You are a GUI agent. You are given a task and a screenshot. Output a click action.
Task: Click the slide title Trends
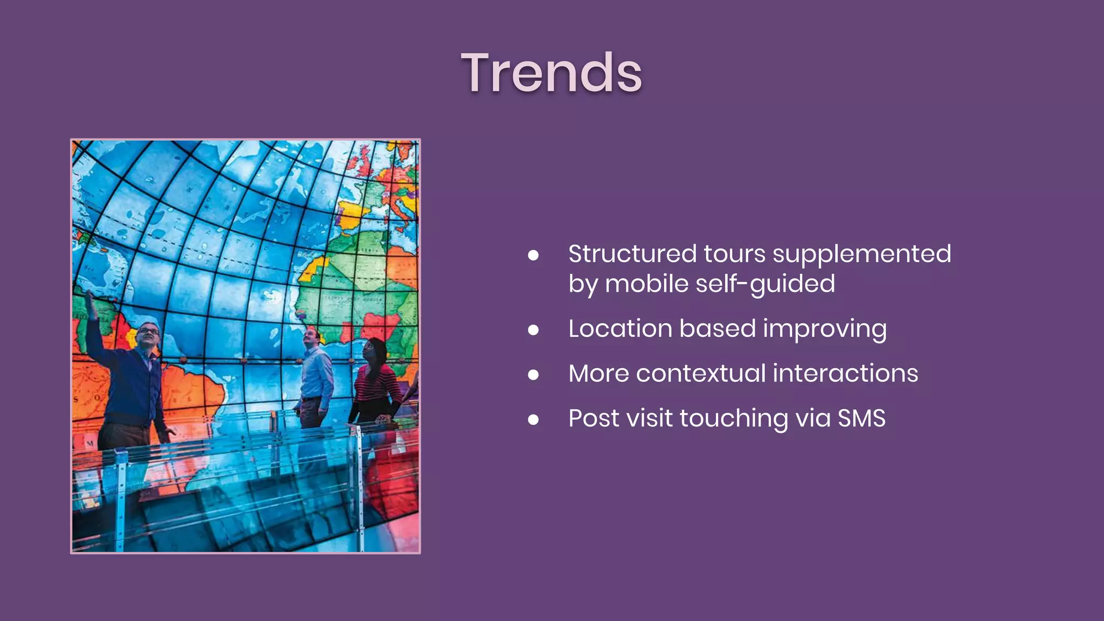click(551, 73)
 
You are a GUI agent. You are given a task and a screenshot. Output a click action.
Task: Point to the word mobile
click(646, 284)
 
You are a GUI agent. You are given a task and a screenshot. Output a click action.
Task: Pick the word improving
click(824, 329)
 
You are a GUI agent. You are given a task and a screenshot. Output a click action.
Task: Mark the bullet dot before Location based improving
click(533, 330)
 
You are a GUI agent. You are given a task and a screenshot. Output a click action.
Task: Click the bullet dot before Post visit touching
click(533, 419)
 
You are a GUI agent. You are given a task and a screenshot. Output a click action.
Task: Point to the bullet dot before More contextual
click(533, 375)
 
